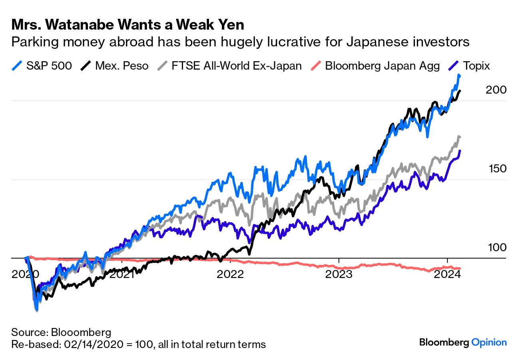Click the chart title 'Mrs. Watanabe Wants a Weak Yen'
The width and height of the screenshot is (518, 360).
point(128,25)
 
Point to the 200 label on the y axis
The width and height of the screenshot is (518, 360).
point(496,90)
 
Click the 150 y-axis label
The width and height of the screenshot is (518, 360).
point(497,169)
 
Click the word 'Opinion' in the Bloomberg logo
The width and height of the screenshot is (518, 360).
point(489,342)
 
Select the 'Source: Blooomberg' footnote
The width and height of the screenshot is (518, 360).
point(61,332)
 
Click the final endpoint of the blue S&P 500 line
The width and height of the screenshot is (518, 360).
point(460,76)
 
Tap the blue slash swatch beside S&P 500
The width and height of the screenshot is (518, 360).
point(17,66)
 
